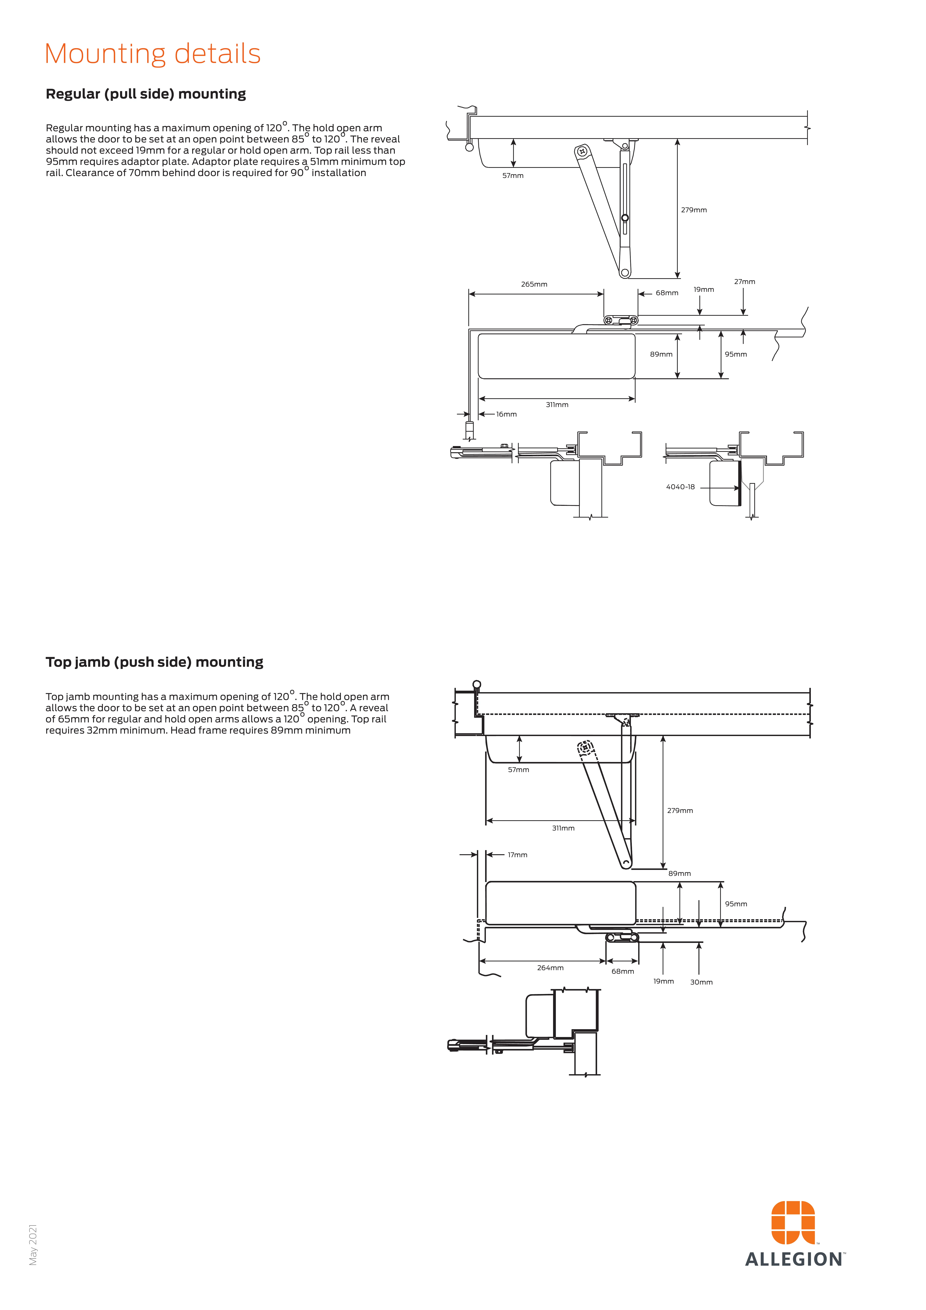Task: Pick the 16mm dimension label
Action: (506, 414)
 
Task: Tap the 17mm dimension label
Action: (517, 855)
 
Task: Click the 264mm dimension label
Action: (550, 968)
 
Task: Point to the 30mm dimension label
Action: (701, 982)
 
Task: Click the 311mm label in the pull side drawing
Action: (557, 405)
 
